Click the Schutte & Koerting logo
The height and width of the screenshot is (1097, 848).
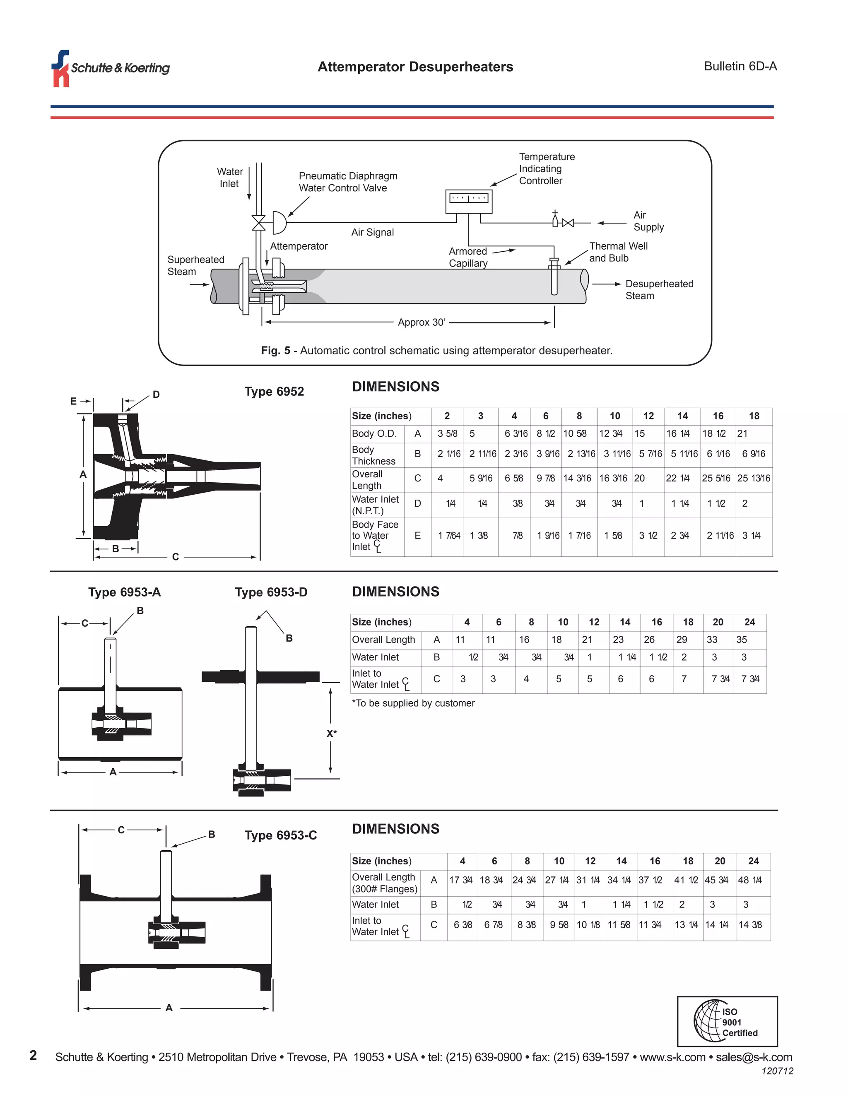coord(111,68)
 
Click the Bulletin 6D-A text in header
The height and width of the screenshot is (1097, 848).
coord(740,66)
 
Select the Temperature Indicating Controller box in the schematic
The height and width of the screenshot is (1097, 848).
coord(468,201)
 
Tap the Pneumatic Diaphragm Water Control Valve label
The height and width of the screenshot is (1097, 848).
coord(348,182)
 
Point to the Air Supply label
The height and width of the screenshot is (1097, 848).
coord(648,221)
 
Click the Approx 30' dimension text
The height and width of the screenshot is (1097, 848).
coord(422,322)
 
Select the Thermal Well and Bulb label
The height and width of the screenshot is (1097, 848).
coord(618,252)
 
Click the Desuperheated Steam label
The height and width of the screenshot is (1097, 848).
coord(659,290)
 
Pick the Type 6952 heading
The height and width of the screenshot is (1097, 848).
coord(274,392)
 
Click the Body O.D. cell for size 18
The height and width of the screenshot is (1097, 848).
coord(742,433)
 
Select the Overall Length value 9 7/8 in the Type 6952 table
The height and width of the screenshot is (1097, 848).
coord(546,478)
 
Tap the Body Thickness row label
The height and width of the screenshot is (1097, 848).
coord(373,455)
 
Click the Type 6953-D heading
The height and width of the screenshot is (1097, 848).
coord(271,592)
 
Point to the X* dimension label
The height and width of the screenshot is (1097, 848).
coord(332,734)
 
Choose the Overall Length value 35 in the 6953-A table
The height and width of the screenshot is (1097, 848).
coord(742,640)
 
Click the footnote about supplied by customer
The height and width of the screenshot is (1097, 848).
coord(413,703)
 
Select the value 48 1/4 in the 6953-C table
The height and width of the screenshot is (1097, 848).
coord(749,880)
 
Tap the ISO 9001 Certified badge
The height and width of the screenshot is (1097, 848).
coord(727,1022)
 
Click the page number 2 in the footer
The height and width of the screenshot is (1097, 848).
coord(33,1055)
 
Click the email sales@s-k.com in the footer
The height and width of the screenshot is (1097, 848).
coord(754,1057)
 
